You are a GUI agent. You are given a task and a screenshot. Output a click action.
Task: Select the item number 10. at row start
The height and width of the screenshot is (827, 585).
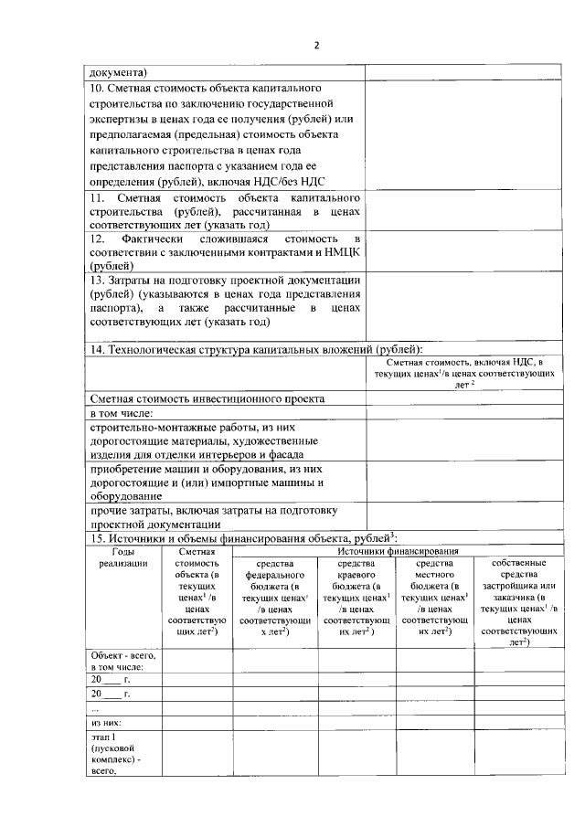[x=96, y=89]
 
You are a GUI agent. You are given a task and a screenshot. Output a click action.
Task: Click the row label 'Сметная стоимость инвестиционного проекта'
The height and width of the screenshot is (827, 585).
[x=207, y=399]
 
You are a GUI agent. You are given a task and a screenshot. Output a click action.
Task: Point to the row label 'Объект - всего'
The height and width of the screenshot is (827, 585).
[x=122, y=656]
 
